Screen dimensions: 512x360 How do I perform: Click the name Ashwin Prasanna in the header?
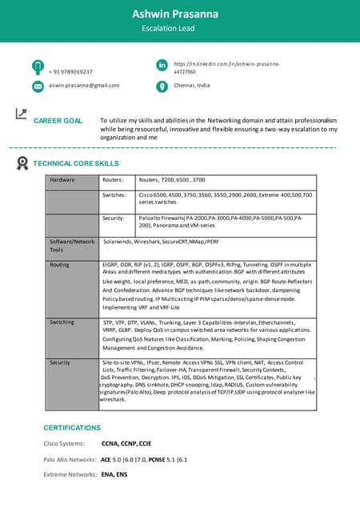coord(179,14)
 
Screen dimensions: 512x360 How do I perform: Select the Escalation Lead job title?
coord(179,29)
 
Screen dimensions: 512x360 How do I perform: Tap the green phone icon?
coord(38,67)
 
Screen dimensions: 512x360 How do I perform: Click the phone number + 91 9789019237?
coord(70,72)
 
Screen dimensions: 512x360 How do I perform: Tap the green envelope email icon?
coord(38,86)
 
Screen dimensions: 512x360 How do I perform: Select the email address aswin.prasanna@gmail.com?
coord(84,85)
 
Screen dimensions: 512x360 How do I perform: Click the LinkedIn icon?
coord(162,65)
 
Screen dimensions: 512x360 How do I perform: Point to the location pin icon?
coord(162,86)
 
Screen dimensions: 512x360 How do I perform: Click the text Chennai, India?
coord(192,85)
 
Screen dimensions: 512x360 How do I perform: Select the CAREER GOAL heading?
coord(58,121)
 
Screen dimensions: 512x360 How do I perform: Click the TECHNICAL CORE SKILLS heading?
coord(75,163)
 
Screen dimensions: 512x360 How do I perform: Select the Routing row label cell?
coord(60,264)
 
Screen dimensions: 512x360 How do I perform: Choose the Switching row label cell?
coord(62,322)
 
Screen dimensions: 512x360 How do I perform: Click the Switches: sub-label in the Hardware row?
coord(115,195)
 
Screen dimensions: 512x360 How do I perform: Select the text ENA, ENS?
coord(114,474)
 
